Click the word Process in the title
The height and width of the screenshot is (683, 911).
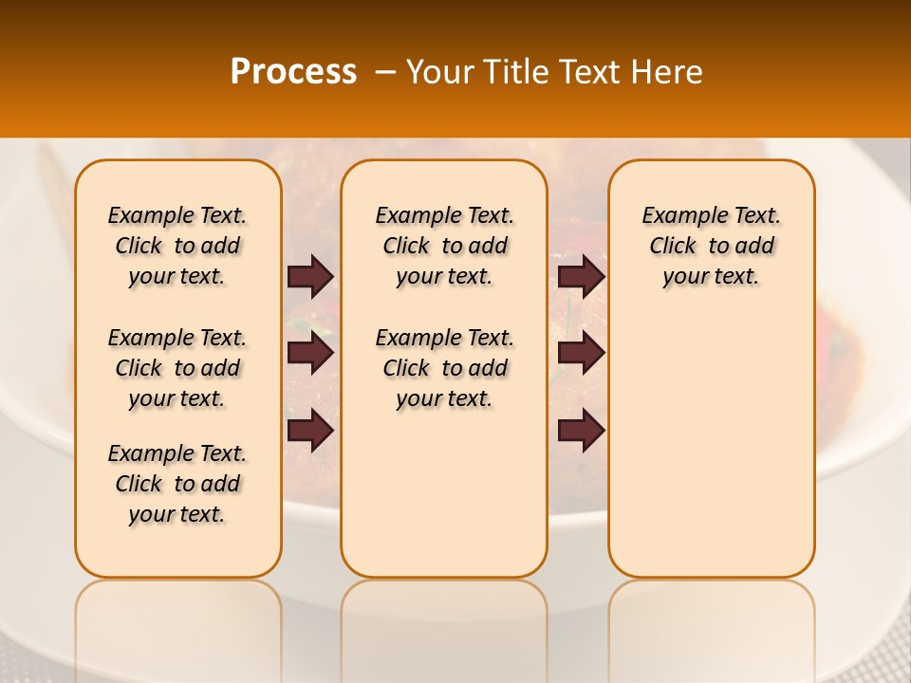(x=293, y=72)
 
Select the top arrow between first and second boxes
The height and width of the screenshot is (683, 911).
(x=310, y=276)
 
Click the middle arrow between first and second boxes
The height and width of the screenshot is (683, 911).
(x=310, y=354)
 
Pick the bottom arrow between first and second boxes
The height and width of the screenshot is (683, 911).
(x=310, y=431)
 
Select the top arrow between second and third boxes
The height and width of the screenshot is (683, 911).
(x=581, y=276)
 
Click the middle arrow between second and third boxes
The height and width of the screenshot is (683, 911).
(x=581, y=354)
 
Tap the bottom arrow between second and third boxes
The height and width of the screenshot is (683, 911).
(x=581, y=431)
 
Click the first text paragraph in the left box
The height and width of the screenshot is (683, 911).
(x=177, y=246)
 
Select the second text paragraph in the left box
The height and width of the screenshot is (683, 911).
(x=177, y=368)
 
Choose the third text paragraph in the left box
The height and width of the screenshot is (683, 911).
(x=177, y=484)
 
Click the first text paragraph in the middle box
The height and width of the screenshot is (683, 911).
(x=444, y=246)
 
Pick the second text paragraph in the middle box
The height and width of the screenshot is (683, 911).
(x=444, y=368)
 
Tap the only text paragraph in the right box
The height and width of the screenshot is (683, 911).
(x=711, y=246)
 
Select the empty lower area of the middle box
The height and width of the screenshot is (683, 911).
(x=444, y=493)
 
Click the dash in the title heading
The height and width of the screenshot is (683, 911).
(x=385, y=72)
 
